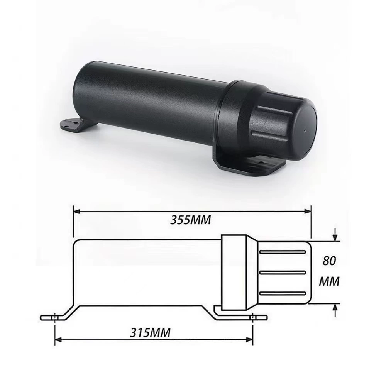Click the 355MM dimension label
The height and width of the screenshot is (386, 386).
191,220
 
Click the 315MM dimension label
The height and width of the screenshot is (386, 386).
150,333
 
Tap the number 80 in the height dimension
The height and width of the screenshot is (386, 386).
329,261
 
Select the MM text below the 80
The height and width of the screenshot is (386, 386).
329,281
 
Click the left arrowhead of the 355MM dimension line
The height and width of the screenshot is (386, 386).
77,212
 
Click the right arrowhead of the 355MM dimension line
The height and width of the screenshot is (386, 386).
308,212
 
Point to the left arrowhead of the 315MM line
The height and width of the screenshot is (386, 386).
58,340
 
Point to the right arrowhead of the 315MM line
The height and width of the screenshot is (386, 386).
249,340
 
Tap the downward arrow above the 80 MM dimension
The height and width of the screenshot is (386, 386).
335,234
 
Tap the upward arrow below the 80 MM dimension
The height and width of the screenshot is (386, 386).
335,310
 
